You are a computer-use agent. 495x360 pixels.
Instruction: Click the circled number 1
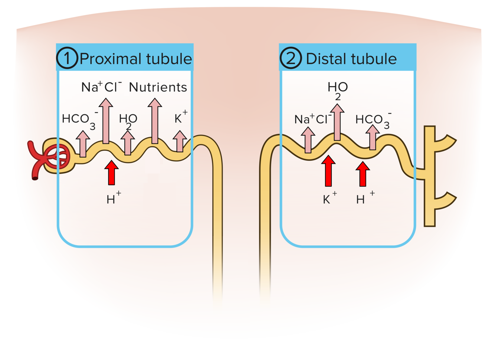point(67,58)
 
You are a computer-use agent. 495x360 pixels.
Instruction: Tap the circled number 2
point(291,58)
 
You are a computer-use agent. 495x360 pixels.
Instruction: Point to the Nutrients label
point(158,88)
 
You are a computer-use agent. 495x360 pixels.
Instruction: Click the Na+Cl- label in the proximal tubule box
point(101,87)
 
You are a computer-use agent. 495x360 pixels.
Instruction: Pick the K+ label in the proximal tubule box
point(180,118)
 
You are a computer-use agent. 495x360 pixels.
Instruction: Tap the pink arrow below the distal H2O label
point(337,122)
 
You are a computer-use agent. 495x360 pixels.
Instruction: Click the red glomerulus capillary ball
point(59,156)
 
